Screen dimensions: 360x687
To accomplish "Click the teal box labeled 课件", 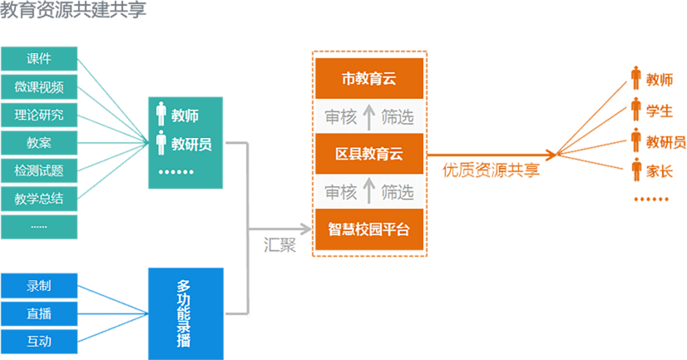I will tap(39, 59).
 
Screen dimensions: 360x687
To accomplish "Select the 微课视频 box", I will tap(39, 87).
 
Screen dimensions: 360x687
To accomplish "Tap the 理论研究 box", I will tap(39, 115).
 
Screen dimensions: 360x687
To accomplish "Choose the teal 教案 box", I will tap(39, 143).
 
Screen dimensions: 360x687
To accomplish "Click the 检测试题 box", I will tap(39, 170).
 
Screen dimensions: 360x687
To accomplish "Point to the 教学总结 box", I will tap(39, 198).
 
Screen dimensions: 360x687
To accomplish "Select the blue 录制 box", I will tap(39, 286).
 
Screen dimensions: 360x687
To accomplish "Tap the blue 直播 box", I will tap(39, 313).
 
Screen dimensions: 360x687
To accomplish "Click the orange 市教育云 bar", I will tap(369, 79).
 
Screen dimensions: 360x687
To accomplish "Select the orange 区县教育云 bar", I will tap(369, 154).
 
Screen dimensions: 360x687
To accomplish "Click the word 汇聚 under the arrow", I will tap(280, 246).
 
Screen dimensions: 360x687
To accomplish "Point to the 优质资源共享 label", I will tap(490, 170).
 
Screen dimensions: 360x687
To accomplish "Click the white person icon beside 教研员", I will tap(161, 144).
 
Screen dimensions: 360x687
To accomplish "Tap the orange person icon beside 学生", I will tap(636, 109).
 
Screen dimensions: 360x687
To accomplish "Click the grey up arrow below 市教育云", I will tap(369, 117).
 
